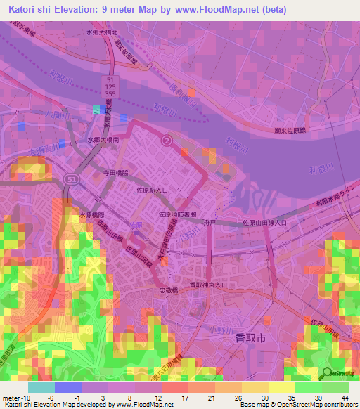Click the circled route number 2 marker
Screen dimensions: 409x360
167,141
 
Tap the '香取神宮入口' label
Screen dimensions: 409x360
208,285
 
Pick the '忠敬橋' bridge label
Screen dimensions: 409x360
168,290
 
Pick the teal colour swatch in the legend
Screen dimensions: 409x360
41,387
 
